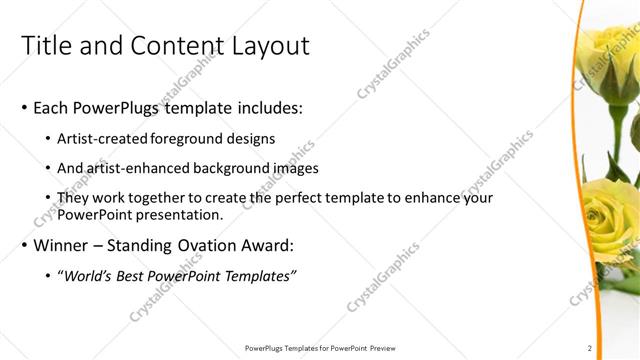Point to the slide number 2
pyautogui.click(x=590, y=348)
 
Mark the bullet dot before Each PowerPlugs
pyautogui.click(x=23, y=108)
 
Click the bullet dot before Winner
pyautogui.click(x=23, y=246)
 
